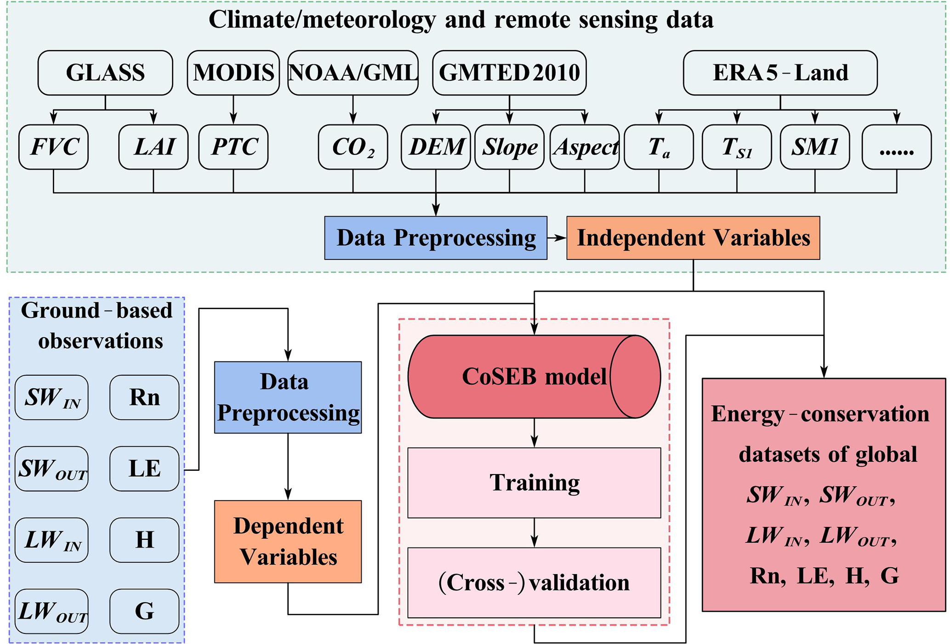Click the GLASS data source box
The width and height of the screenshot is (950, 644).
105,73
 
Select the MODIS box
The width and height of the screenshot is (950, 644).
233,73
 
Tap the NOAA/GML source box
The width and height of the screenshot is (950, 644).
353,73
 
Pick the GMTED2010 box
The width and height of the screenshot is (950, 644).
509,73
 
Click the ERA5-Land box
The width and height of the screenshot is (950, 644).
780,73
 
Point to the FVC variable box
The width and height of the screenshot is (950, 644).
53,147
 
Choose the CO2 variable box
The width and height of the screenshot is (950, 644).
353,147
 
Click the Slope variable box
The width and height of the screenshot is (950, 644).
509,147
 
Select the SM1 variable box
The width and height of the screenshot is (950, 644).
815,147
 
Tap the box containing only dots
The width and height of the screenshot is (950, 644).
897,147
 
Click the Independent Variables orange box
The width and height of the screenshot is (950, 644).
693,238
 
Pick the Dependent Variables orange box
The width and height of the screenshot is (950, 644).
288,542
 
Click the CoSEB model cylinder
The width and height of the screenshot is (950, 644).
534,377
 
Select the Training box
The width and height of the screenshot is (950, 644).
534,483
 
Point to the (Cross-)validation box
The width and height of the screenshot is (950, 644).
534,582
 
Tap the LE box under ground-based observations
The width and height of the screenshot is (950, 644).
144,469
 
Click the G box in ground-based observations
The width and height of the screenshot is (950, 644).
144,611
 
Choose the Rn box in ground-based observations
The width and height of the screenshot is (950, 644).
144,397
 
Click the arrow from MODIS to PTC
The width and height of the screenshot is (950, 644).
233,110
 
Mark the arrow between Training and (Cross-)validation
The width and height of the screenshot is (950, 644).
534,533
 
